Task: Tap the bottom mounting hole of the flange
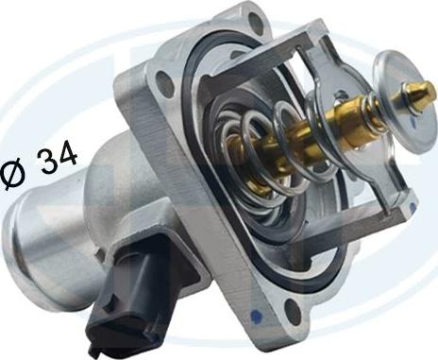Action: tap(292, 310)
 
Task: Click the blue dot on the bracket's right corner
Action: tap(413, 206)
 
